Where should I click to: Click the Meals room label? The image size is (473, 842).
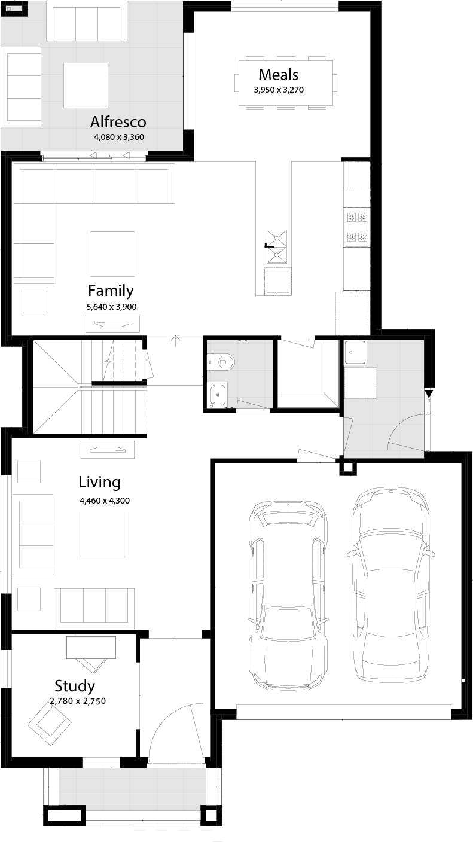tap(278, 75)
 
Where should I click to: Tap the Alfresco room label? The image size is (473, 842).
tap(118, 122)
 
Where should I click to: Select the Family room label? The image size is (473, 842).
tap(111, 291)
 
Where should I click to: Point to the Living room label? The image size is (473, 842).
tap(100, 483)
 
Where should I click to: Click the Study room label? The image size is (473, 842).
tap(75, 686)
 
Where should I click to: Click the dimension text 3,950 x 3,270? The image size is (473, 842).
tap(279, 90)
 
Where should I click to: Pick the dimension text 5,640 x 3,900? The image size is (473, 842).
tap(111, 307)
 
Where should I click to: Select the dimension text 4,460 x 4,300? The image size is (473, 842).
tap(105, 501)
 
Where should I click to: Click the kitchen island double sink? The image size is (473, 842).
tap(277, 246)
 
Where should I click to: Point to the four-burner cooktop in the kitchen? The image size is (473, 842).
tap(357, 227)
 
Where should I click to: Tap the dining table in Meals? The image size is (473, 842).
tap(286, 83)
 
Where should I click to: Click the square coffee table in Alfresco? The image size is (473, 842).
tap(86, 86)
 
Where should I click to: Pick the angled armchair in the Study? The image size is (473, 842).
tap(50, 724)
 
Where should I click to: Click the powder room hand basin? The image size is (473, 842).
tap(217, 395)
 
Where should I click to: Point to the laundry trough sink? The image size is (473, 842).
tap(355, 352)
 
